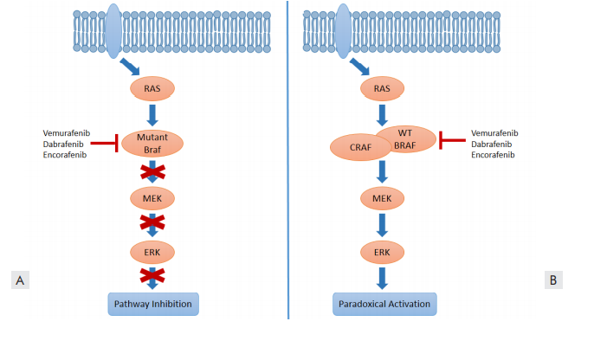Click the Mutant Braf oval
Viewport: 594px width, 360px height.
click(152, 143)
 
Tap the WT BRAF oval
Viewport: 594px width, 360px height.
click(406, 138)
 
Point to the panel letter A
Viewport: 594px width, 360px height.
click(18, 280)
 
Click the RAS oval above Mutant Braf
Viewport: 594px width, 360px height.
click(152, 87)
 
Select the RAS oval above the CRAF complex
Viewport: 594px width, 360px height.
click(382, 87)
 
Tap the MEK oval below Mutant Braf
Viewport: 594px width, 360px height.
click(152, 197)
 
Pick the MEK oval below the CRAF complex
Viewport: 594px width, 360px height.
click(382, 197)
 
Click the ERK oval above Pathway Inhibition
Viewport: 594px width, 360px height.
click(152, 251)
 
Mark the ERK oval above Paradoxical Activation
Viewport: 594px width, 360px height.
click(382, 251)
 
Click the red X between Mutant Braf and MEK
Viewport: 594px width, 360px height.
click(152, 170)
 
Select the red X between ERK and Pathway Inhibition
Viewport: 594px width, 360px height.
click(152, 276)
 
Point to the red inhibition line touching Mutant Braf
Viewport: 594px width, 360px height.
click(106, 144)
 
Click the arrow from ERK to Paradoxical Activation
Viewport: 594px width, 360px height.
click(382, 276)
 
